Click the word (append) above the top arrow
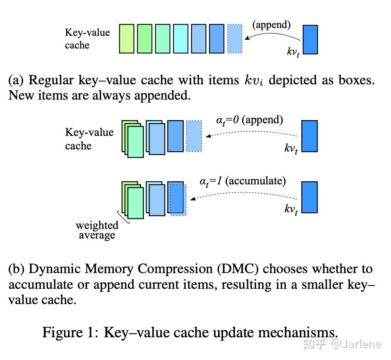(x=271, y=24)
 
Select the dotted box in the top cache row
(x=234, y=39)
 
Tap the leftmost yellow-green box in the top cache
(x=127, y=39)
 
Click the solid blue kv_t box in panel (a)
(x=310, y=40)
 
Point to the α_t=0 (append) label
(x=250, y=120)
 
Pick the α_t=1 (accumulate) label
(x=243, y=181)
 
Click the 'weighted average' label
(x=97, y=230)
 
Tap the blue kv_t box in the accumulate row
(x=310, y=197)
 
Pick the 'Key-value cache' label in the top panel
(x=87, y=39)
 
